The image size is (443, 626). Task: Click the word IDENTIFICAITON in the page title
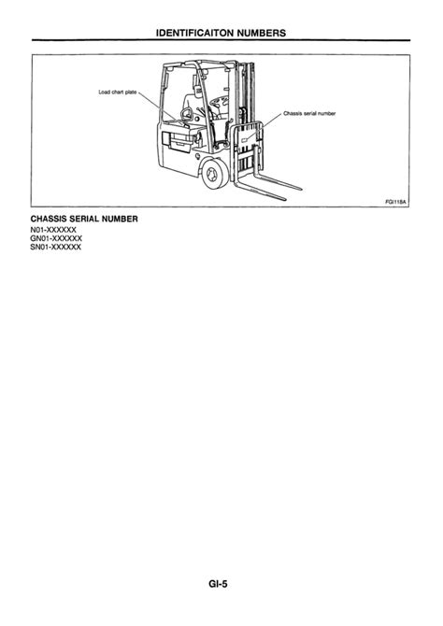[195, 33]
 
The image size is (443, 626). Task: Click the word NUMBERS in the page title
[262, 33]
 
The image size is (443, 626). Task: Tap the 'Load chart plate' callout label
[118, 92]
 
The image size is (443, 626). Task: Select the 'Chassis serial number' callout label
[309, 113]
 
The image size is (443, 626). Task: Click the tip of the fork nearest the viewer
[285, 198]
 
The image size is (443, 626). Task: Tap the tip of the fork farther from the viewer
[301, 189]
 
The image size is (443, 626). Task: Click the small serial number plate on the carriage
[245, 140]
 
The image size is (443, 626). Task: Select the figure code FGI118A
[395, 202]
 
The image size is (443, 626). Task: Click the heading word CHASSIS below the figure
[49, 219]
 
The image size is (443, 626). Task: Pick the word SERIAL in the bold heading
[84, 219]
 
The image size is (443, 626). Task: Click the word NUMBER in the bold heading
[120, 219]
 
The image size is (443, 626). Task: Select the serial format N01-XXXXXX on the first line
[53, 230]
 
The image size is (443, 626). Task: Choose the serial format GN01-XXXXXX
[56, 238]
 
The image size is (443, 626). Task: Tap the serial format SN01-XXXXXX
[56, 247]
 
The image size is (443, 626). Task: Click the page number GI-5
[218, 584]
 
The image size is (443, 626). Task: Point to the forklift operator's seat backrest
[191, 105]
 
